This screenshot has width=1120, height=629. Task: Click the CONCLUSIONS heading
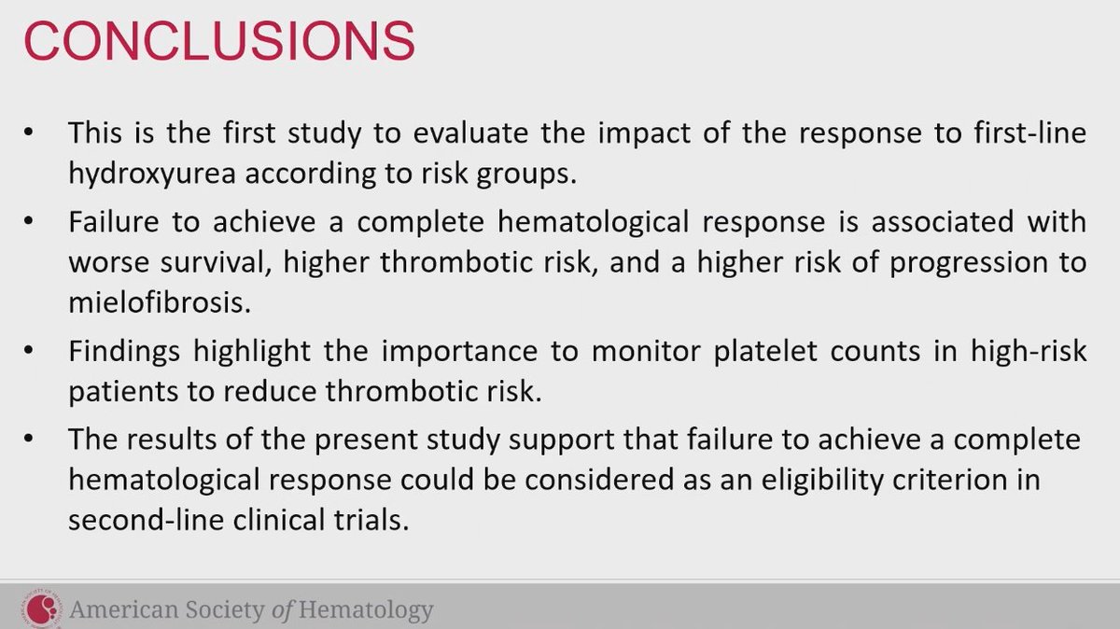pyautogui.click(x=220, y=42)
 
